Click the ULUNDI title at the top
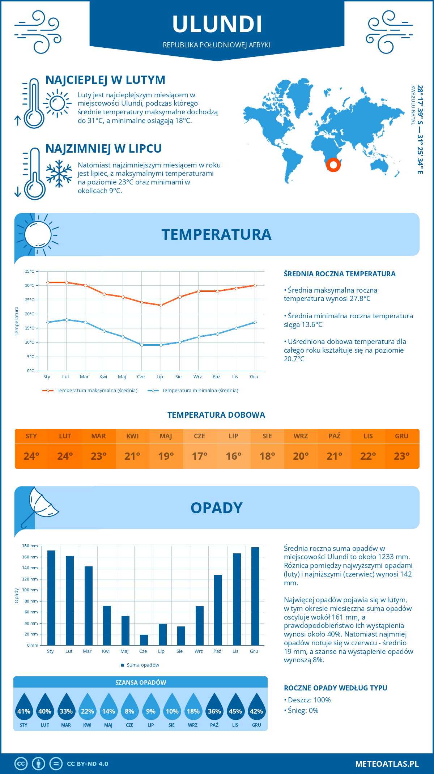(217, 24)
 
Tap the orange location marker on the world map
(333, 165)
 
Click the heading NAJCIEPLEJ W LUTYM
(105, 80)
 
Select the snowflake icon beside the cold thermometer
(59, 174)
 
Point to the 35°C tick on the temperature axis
(30, 271)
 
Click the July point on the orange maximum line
(161, 305)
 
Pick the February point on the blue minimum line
(67, 320)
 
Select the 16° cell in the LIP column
(233, 456)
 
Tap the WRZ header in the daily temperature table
(301, 436)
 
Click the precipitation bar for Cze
(144, 640)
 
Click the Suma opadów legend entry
(142, 665)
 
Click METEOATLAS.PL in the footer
(387, 764)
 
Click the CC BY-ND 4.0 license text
(88, 764)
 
